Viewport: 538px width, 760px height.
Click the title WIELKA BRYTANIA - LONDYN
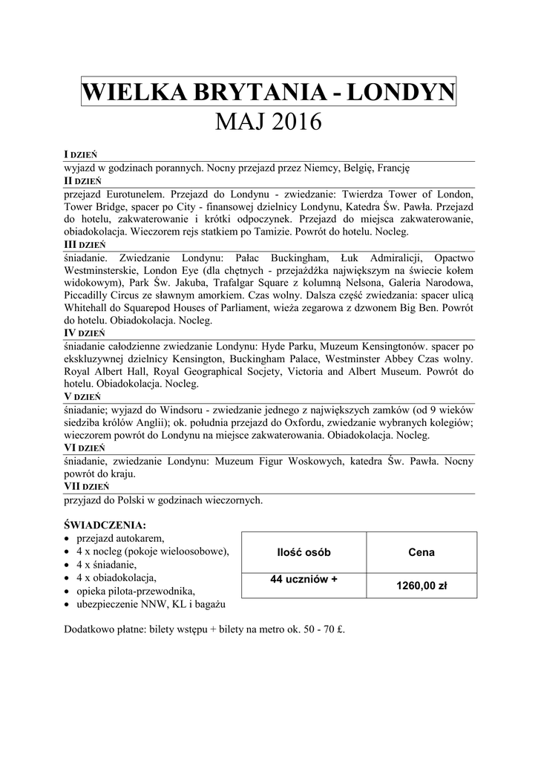(269, 93)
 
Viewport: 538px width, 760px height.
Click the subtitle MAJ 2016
(269, 121)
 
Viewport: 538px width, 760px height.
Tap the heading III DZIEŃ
(85, 243)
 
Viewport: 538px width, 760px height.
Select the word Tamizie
(281, 232)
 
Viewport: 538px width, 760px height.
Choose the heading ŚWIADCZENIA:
(105, 525)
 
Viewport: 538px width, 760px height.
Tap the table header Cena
(421, 552)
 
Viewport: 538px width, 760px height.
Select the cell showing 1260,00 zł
(421, 586)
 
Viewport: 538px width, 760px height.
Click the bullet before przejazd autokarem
(68, 538)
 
